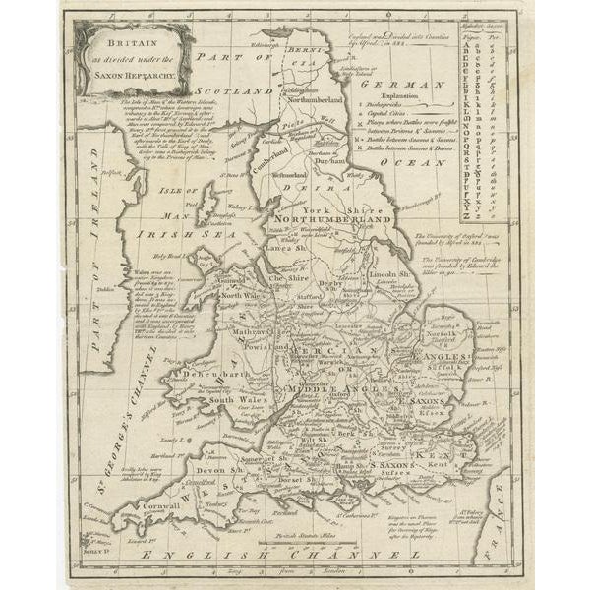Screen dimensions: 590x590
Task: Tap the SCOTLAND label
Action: point(237,90)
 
